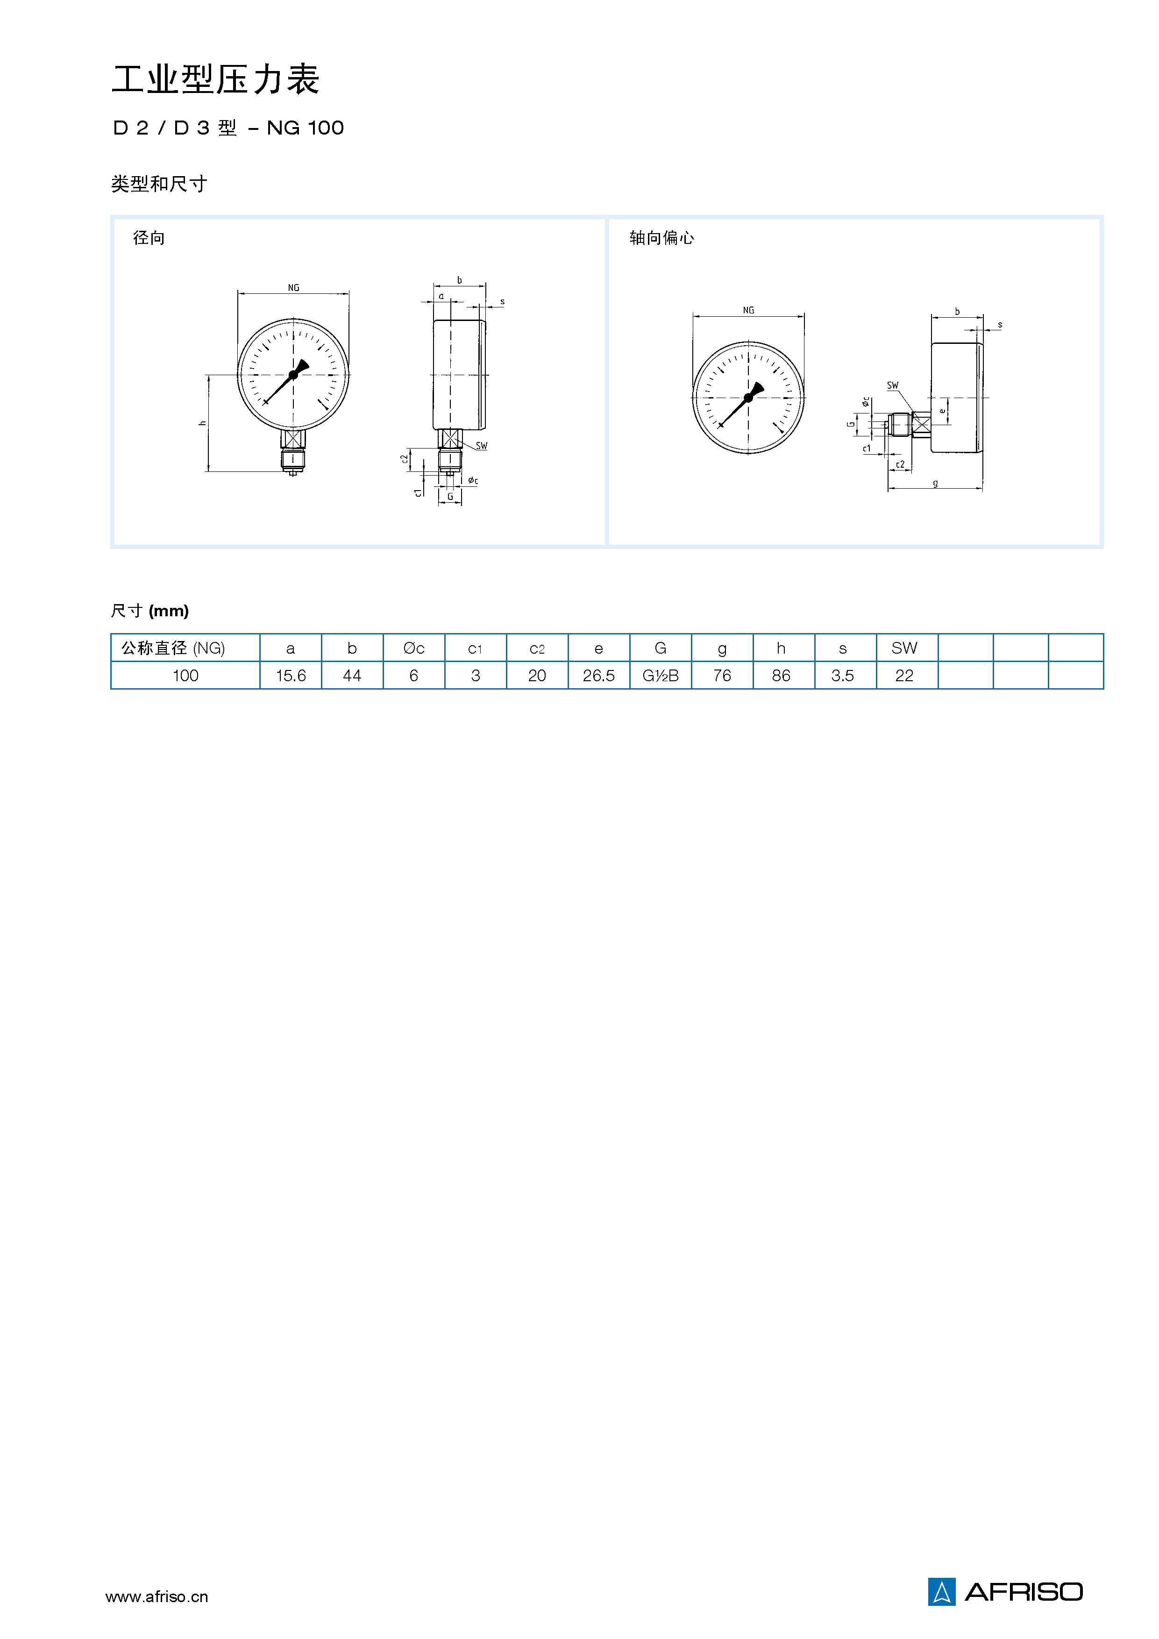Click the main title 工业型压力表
tap(215, 79)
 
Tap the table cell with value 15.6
tap(291, 675)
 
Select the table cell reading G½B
tap(660, 675)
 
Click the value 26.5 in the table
tap(599, 675)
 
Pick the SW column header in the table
tap(904, 648)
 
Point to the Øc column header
tap(414, 648)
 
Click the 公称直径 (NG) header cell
tap(185, 648)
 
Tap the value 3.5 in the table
tap(842, 675)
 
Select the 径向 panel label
tap(149, 238)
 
